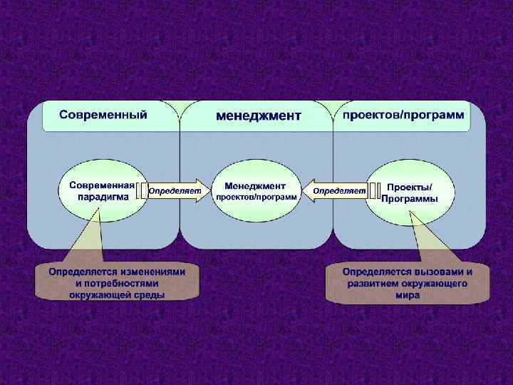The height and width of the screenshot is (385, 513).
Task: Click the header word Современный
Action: point(103,114)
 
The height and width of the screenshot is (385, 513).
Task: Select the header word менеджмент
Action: point(259,115)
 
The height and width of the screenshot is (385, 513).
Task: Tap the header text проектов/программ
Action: point(403,114)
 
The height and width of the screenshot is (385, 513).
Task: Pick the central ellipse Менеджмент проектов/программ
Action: point(256,190)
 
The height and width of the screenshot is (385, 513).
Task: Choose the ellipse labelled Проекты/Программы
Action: point(410,192)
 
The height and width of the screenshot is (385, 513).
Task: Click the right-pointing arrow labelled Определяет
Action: point(178,191)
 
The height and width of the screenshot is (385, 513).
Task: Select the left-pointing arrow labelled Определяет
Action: point(336,191)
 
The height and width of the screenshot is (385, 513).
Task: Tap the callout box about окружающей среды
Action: point(117,282)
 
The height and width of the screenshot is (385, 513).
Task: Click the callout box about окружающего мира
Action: point(407,283)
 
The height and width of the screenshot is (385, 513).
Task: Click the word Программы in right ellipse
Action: point(410,199)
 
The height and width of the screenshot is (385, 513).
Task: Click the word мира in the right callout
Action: point(407,295)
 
